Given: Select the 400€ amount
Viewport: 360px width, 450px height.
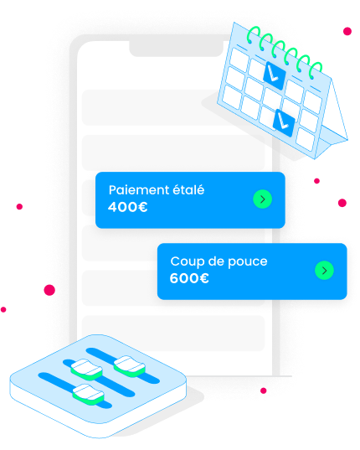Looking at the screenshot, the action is (x=127, y=207).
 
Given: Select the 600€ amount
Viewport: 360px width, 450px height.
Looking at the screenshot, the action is (x=189, y=278).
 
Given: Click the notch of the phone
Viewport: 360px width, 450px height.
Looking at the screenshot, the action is (x=177, y=49).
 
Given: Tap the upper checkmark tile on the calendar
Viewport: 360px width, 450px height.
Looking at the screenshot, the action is (x=275, y=75).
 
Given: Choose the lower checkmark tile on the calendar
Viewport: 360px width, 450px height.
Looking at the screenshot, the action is (x=284, y=123).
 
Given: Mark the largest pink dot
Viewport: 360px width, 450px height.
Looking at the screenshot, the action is (x=49, y=290).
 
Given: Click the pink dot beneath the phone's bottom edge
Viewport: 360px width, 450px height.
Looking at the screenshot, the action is (x=264, y=391).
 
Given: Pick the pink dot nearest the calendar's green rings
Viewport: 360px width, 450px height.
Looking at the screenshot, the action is (x=347, y=31).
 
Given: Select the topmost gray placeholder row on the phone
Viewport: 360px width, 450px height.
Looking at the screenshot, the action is (x=149, y=107).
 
